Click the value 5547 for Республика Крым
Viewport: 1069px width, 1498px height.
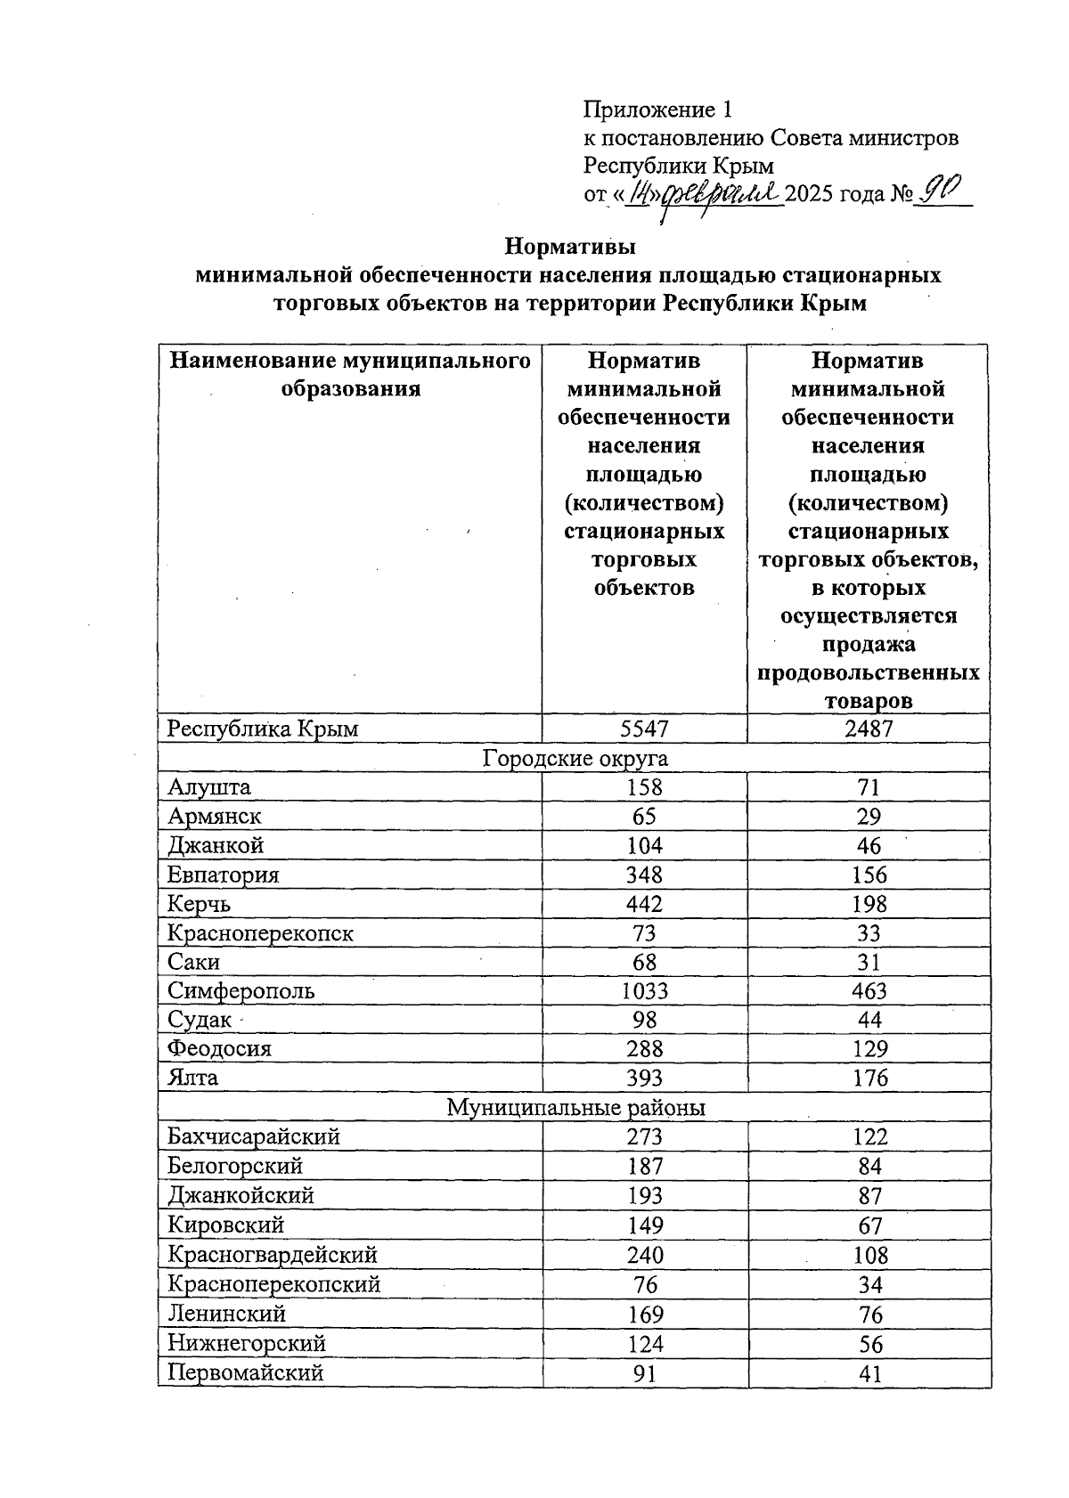[x=643, y=729]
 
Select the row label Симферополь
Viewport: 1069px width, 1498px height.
[x=241, y=990]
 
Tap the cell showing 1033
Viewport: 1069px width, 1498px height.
[x=643, y=990]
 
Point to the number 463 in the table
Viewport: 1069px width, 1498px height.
[x=869, y=990]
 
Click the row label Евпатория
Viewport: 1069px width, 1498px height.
[x=223, y=875]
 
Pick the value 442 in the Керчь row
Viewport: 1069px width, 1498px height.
[x=643, y=904]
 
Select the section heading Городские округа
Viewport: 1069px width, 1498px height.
[x=575, y=758]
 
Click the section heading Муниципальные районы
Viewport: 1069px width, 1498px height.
[x=575, y=1107]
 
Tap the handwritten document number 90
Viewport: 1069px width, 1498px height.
[x=943, y=188]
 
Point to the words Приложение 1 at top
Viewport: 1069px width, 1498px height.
[x=657, y=110]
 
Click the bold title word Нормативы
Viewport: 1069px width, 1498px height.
[x=570, y=245]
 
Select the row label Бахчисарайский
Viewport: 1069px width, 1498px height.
[x=254, y=1136]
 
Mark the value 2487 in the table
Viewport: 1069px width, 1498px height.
[x=869, y=729]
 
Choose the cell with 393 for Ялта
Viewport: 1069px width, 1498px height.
[x=643, y=1078]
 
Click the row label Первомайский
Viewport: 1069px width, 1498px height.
[x=245, y=1372]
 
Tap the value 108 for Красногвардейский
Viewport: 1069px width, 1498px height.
[x=869, y=1255]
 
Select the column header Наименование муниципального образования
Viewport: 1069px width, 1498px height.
[x=350, y=374]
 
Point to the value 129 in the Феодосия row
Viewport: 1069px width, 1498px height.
[x=869, y=1048]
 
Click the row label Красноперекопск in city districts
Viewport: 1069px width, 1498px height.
[x=260, y=933]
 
